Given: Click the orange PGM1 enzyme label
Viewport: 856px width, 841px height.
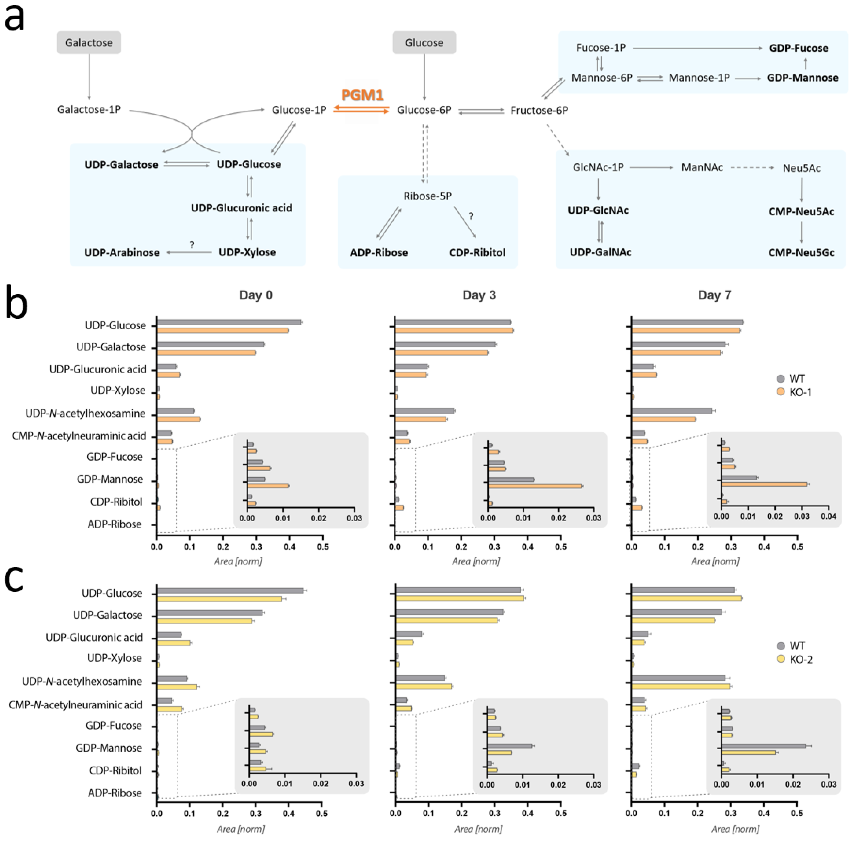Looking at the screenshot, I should click(x=362, y=95).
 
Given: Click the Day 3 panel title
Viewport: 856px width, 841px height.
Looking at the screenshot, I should click(x=479, y=295).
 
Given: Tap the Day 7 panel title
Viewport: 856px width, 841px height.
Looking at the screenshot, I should click(x=714, y=295).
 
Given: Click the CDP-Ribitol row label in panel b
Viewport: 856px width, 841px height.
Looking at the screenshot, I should click(x=116, y=502).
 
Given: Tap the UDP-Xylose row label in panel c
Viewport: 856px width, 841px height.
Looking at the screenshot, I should click(x=114, y=658).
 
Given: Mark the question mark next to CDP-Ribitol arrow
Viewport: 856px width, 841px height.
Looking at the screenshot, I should click(x=471, y=216).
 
